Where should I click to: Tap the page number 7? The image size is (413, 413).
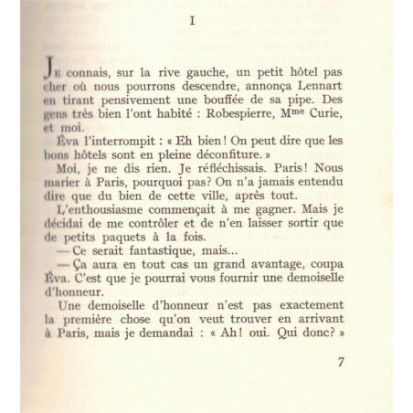tap(341, 364)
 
